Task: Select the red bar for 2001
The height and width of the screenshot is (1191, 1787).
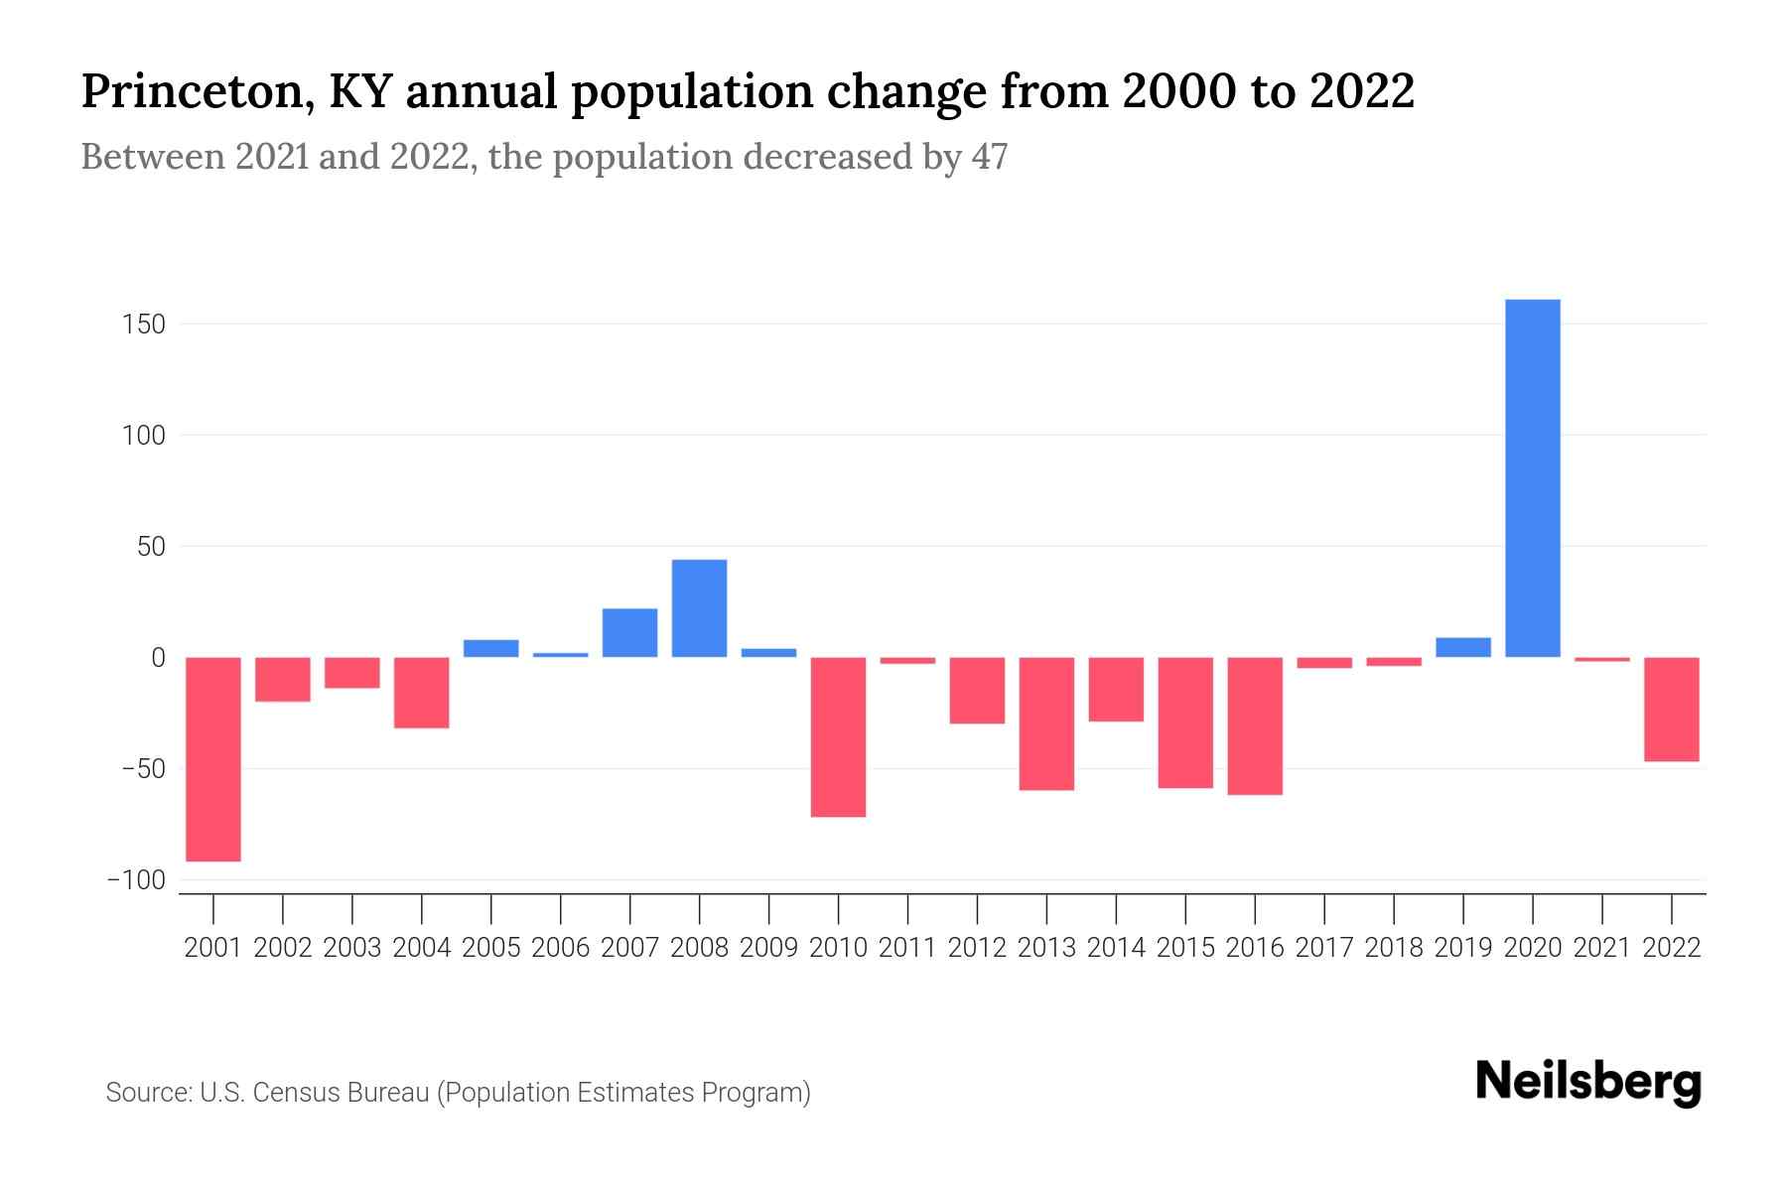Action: coord(213,759)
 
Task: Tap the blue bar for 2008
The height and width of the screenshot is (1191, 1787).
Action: coord(699,608)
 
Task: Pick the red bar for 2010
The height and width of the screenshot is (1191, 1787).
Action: coord(838,736)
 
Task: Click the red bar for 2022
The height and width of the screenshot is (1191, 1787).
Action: coord(1671,710)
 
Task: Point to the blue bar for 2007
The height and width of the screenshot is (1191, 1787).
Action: coord(629,632)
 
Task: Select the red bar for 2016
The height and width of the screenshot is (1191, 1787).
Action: coord(1255,726)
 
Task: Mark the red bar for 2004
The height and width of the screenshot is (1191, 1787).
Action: coord(422,693)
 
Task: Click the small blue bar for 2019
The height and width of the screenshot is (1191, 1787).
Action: coord(1462,647)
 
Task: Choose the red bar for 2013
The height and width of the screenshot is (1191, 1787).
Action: coord(1046,724)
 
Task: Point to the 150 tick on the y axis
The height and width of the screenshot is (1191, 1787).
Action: coord(145,325)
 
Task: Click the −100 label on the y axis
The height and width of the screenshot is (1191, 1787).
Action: coord(136,880)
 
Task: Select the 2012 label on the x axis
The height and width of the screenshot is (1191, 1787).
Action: coord(977,948)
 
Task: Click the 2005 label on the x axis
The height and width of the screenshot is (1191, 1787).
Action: coord(491,948)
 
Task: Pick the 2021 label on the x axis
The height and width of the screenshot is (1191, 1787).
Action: coord(1601,948)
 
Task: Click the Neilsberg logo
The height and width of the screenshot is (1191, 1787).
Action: coord(1587,1082)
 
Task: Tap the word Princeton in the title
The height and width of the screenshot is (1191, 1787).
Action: coord(194,91)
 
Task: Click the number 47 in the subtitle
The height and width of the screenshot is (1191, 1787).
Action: coord(989,157)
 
